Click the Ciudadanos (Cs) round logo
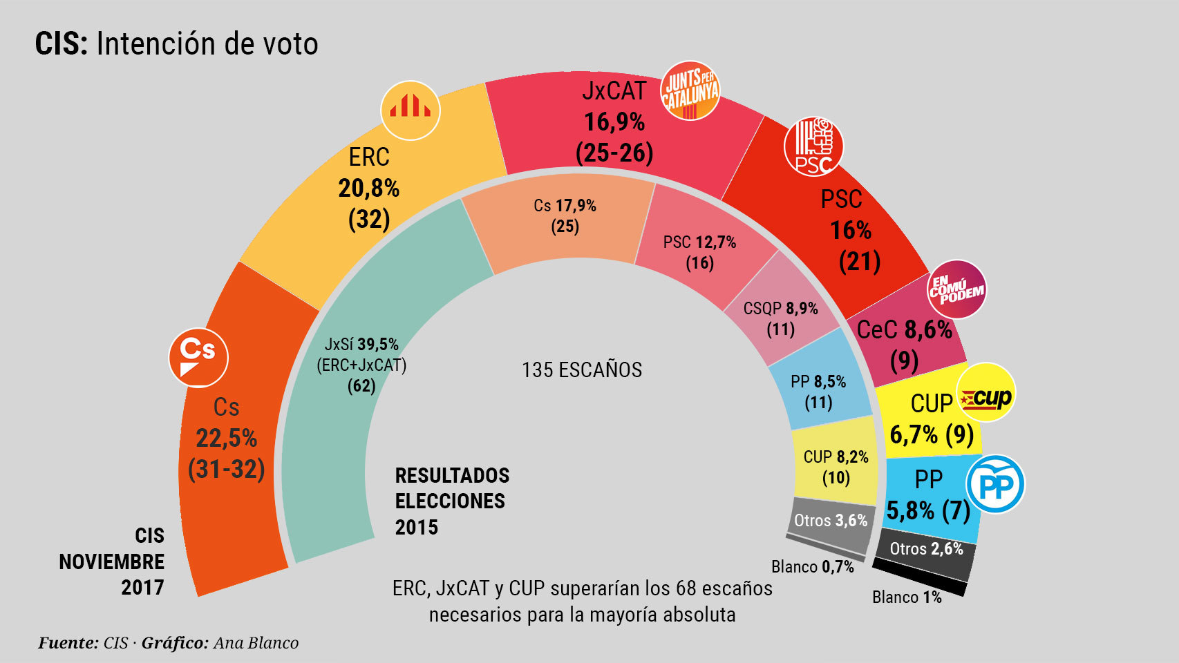198,358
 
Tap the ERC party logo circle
411,110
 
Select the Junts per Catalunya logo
690,90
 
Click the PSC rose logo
813,146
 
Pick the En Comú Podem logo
956,289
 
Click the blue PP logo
995,484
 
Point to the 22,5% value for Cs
226,438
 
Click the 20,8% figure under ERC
368,188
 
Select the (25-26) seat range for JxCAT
614,153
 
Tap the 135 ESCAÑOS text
582,370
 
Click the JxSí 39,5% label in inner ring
361,344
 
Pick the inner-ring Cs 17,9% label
565,206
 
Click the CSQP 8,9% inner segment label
780,308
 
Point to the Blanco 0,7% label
813,567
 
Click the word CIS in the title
61,44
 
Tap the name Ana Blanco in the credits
256,643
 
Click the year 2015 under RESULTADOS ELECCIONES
417,528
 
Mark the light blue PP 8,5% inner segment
818,390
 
